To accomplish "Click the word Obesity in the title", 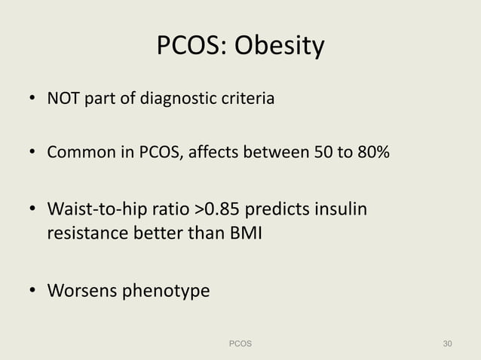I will point(280,47).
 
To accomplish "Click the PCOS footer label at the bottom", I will point(240,344).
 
